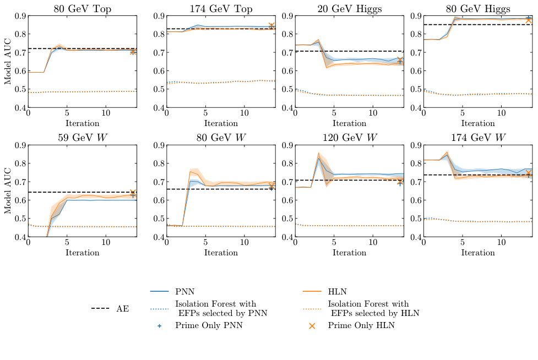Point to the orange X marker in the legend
pyautogui.click(x=312, y=326)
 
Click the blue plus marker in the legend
pyautogui.click(x=160, y=326)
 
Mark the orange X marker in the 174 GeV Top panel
pyautogui.click(x=271, y=26)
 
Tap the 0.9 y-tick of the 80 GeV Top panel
pyautogui.click(x=19, y=16)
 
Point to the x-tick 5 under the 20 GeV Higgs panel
pyautogui.click(x=334, y=113)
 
